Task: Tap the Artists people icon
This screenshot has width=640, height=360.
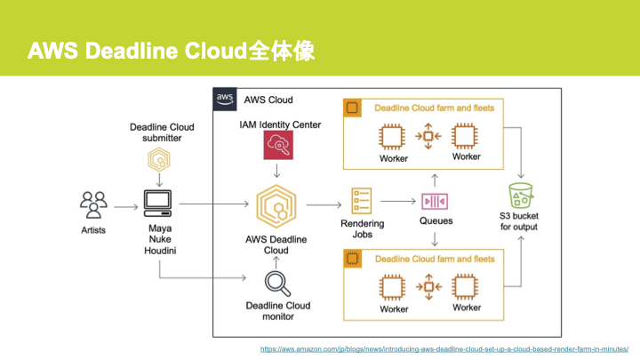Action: click(x=93, y=205)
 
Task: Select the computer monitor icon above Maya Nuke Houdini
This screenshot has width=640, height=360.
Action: click(x=158, y=204)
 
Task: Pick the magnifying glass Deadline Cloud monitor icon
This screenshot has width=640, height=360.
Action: click(x=279, y=284)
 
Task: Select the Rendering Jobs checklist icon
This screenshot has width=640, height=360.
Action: click(x=362, y=201)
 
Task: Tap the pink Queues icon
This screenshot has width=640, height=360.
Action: click(x=435, y=202)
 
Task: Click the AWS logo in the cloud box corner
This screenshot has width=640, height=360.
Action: click(x=225, y=99)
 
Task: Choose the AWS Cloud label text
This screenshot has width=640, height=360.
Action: click(x=268, y=100)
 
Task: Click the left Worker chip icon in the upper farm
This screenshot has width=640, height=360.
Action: click(x=392, y=136)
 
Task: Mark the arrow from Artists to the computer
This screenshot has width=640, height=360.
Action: click(x=125, y=205)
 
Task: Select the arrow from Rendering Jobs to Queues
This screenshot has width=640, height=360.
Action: click(x=397, y=202)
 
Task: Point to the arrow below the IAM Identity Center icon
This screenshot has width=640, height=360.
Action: click(x=280, y=171)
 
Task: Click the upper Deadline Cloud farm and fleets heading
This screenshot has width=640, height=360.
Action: click(x=434, y=108)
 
